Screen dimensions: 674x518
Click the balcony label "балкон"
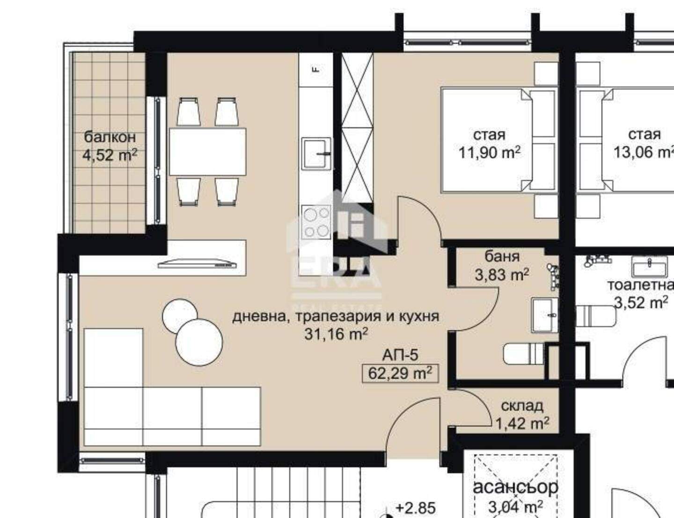click(x=110, y=137)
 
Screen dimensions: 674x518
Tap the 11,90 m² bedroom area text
click(x=490, y=153)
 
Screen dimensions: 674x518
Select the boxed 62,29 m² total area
click(x=400, y=373)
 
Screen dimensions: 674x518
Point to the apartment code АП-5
click(x=400, y=355)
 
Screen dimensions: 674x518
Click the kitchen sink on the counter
click(x=316, y=153)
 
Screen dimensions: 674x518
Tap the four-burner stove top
click(x=316, y=222)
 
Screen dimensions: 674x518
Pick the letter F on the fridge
click(x=316, y=69)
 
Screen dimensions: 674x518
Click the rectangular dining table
click(x=207, y=152)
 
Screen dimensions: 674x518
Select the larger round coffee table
click(x=199, y=342)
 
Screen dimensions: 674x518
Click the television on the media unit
click(x=197, y=264)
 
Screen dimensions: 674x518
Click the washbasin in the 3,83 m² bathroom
click(x=545, y=315)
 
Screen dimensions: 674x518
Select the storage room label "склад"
click(x=522, y=406)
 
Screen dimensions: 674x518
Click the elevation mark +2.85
click(x=416, y=508)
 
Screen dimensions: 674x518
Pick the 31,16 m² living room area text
click(x=336, y=334)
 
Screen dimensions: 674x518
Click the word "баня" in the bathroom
click(x=502, y=257)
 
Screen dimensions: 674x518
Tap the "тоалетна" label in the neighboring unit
click(x=640, y=285)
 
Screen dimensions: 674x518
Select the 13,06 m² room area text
click(x=644, y=153)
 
